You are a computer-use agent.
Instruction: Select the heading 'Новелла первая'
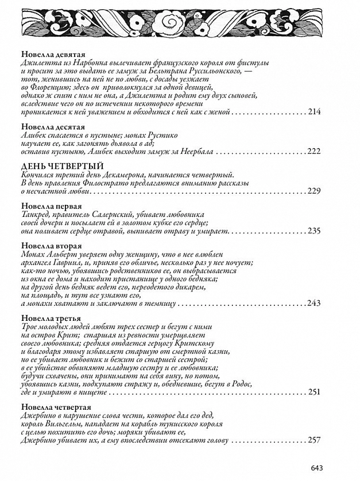pyautogui.click(x=50, y=205)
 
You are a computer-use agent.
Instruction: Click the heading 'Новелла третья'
pyautogui.click(x=50, y=318)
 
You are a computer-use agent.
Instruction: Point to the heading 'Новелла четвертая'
pyautogui.click(x=55, y=407)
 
